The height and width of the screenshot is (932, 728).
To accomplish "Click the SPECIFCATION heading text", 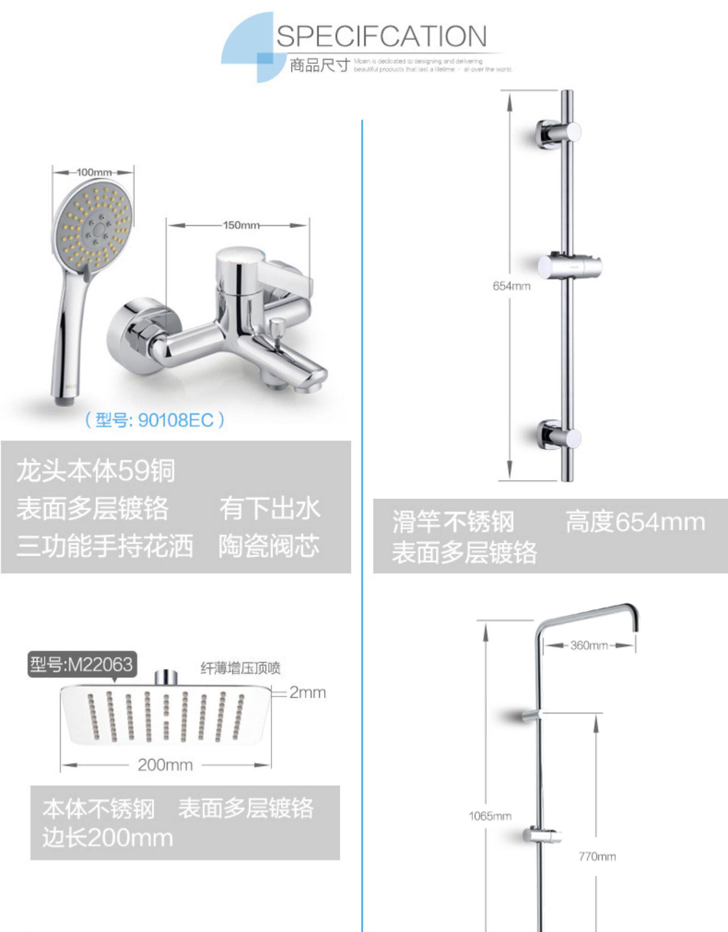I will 381,36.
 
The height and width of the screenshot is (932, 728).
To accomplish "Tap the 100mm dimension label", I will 93,172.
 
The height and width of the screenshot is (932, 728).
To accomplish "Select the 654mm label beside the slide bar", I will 511,286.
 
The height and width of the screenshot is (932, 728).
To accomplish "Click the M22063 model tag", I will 82,664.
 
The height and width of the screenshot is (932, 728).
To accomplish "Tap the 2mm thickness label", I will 307,692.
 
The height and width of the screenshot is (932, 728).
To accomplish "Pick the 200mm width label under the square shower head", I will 165,765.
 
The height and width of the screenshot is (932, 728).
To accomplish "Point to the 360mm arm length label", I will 589,645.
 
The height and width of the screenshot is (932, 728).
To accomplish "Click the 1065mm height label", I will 490,816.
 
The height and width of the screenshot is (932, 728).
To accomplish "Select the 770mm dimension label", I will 597,856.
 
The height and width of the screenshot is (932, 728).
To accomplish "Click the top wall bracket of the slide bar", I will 558,132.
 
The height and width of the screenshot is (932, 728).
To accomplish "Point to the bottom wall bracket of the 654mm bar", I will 558,436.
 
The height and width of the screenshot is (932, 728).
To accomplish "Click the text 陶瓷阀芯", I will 268,546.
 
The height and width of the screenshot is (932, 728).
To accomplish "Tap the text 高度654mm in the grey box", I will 635,522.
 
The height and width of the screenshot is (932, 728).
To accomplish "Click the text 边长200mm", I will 108,838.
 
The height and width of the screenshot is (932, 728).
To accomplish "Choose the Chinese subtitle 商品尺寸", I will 320,65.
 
